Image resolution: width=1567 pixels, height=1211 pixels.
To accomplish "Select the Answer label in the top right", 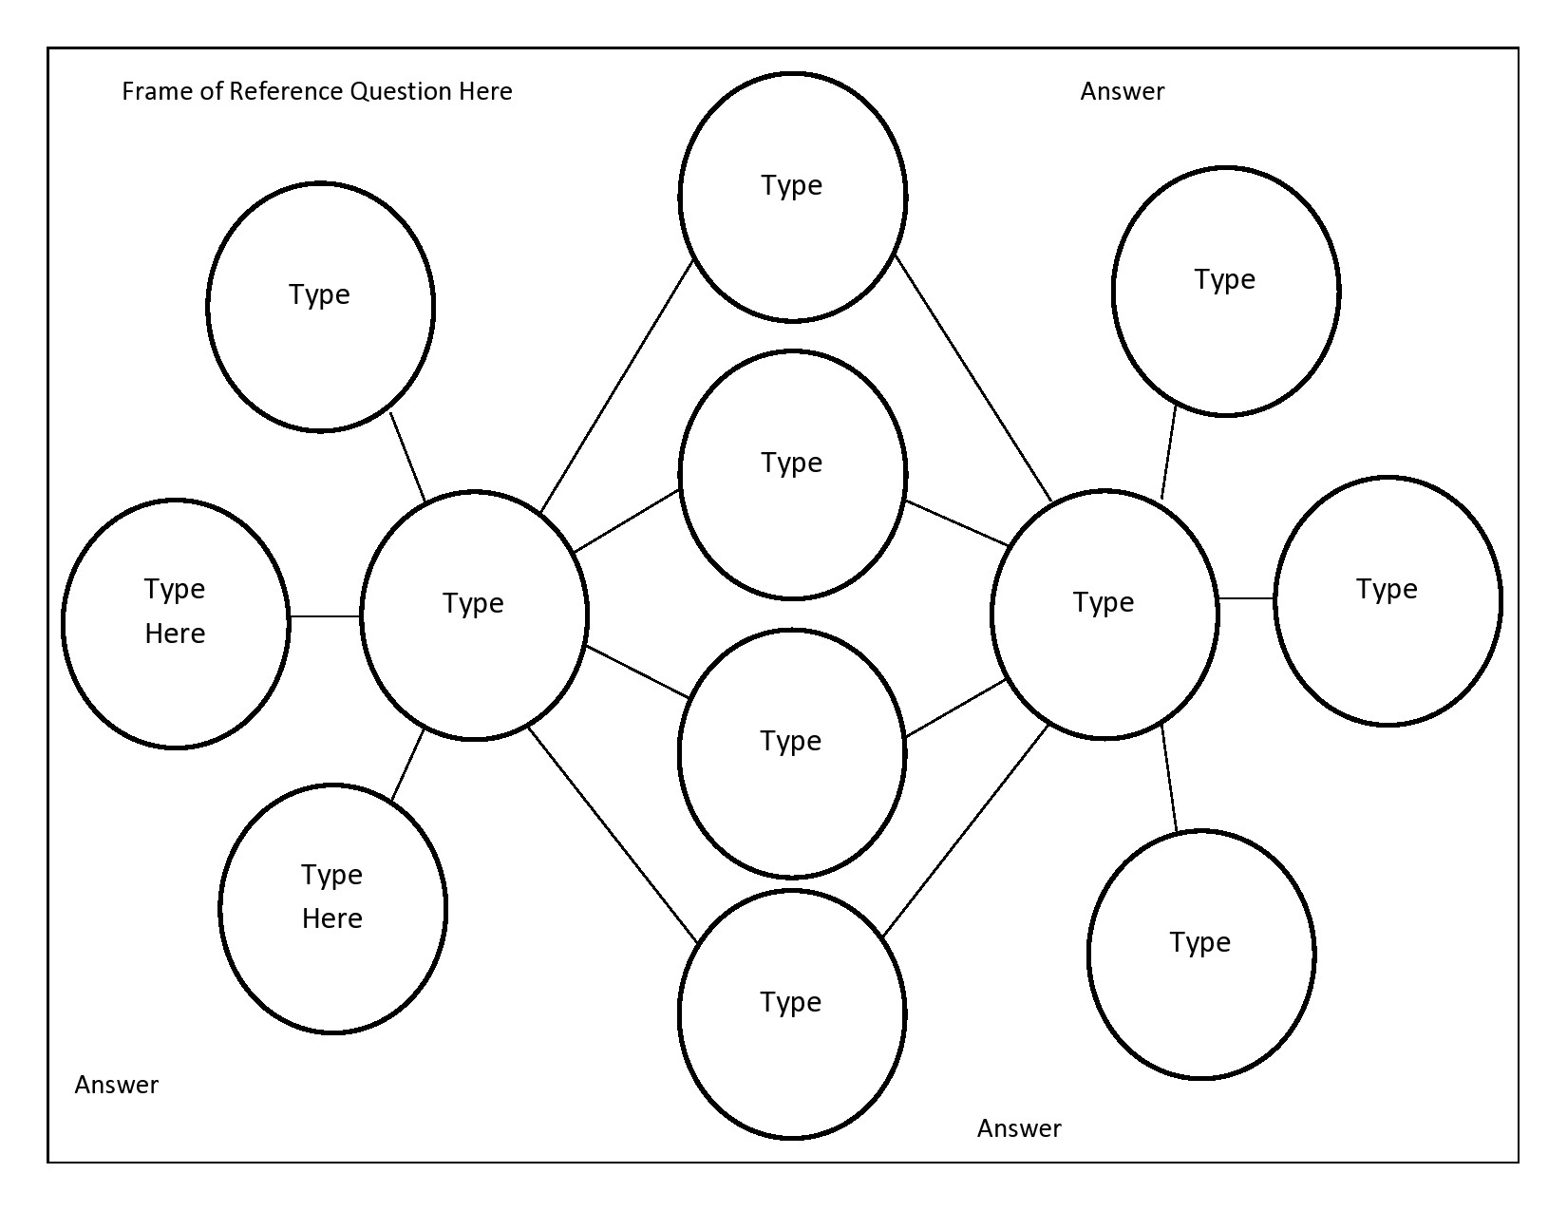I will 1122,91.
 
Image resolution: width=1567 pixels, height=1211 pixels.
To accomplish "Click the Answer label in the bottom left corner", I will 116,1085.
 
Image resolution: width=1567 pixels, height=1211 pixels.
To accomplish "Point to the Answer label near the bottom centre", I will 1018,1128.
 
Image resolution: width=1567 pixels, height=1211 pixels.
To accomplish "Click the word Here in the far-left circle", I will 175,634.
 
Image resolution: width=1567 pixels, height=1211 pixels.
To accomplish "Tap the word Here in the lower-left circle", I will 331,918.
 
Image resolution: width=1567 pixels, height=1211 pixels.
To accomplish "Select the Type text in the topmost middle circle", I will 791,185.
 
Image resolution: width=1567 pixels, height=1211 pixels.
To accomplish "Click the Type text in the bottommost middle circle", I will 790,1002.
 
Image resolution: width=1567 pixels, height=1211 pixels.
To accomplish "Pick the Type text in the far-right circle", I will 1387,589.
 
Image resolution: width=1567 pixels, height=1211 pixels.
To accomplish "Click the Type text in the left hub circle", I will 473,603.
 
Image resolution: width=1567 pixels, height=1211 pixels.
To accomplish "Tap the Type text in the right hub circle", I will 1103,602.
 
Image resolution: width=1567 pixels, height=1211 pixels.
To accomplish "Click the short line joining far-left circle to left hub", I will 325,616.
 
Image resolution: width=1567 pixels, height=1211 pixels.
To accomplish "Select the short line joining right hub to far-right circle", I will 1245,598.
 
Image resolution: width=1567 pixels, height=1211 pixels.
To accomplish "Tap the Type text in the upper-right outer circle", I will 1224,279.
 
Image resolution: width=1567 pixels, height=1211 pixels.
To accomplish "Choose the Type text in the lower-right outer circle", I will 1199,942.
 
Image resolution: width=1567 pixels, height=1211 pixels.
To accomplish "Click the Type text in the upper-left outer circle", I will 319,294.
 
